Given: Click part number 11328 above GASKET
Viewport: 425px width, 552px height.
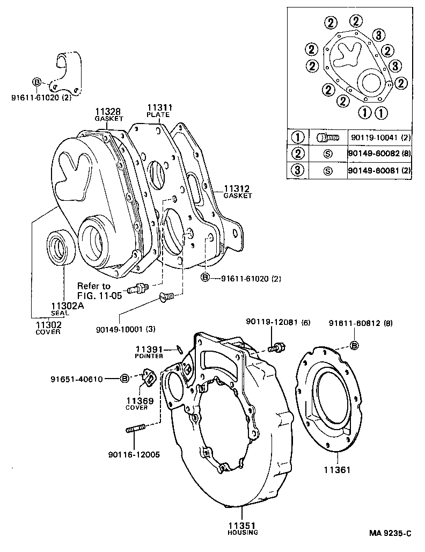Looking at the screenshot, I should point(108,111).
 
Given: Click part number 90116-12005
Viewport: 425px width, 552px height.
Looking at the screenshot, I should point(133,454).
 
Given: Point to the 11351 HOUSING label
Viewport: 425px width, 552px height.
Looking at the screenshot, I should point(242,527).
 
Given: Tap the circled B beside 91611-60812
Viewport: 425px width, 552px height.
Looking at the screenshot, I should point(354,345).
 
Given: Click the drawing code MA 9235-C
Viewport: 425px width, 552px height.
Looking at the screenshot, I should point(390,533).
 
